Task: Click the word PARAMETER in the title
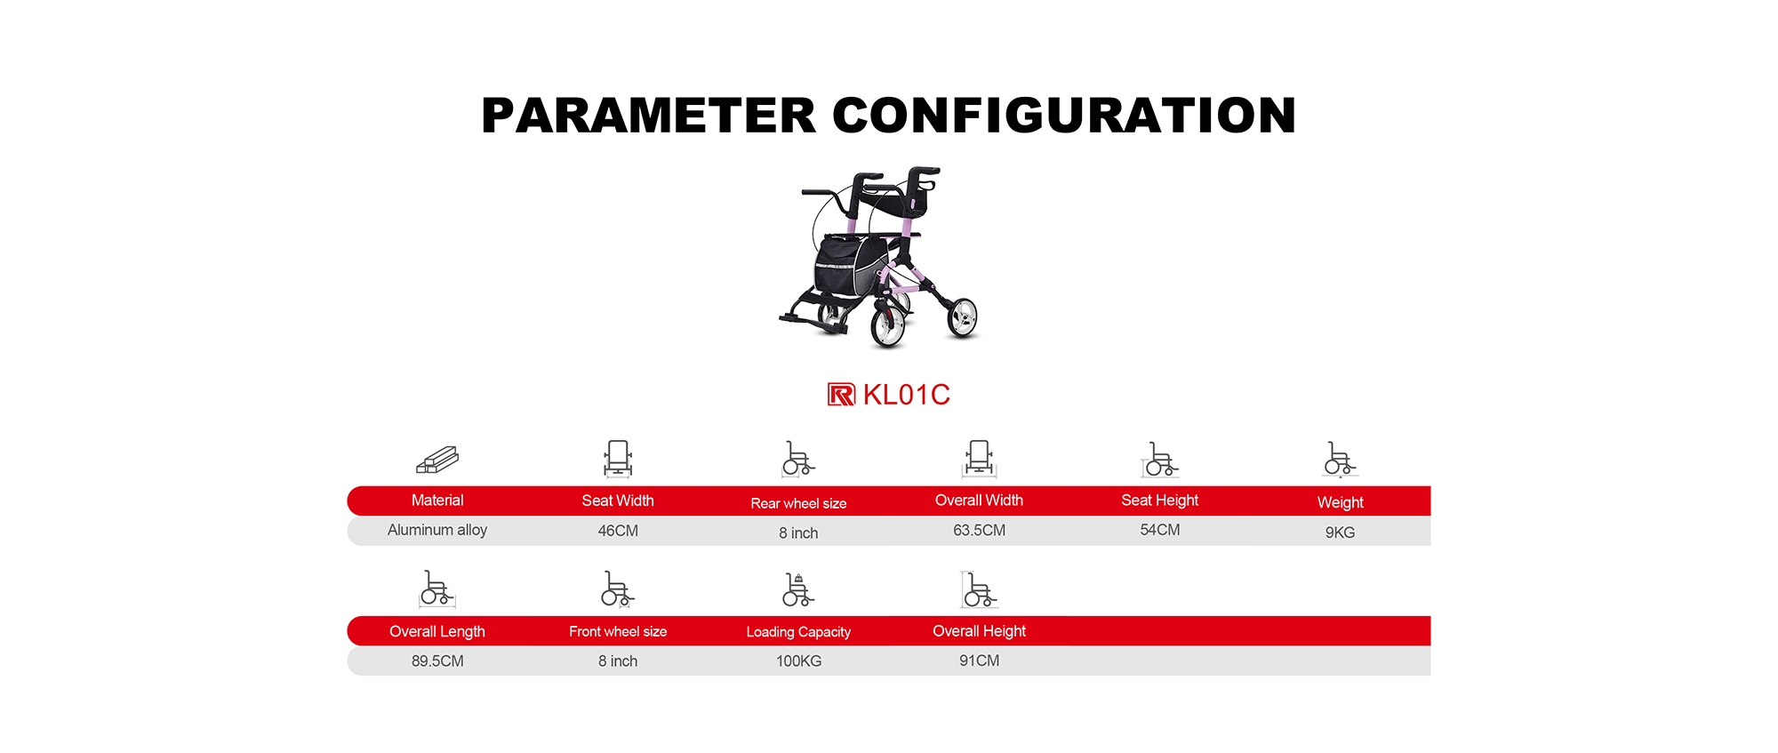648,116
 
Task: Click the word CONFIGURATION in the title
1064,116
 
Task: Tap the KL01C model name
907,395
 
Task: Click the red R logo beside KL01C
841,395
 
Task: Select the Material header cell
437,501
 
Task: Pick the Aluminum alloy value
437,530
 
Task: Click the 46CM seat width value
618,531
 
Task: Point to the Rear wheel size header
798,503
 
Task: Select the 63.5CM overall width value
980,531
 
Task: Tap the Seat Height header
1160,501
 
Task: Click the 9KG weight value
1341,533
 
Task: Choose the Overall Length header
437,632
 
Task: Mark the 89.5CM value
437,661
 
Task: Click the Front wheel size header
618,631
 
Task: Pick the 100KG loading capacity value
799,661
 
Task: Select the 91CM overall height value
980,661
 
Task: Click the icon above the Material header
437,460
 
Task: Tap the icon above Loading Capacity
798,589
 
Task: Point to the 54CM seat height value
1160,530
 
